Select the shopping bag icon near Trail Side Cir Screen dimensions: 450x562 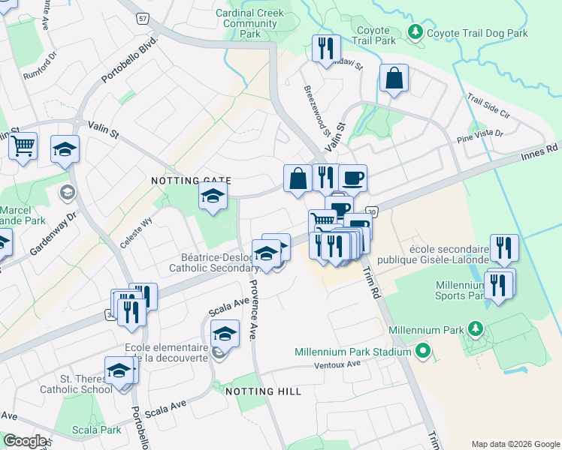pos(394,79)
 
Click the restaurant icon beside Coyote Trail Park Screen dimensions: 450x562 pos(326,49)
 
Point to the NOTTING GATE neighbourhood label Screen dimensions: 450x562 pos(191,181)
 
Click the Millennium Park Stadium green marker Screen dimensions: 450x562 pos(423,351)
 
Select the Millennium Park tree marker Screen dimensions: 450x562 pos(475,329)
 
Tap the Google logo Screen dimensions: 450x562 pos(25,441)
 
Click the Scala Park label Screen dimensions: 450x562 pos(97,430)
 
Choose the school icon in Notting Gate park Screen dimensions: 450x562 pos(213,196)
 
